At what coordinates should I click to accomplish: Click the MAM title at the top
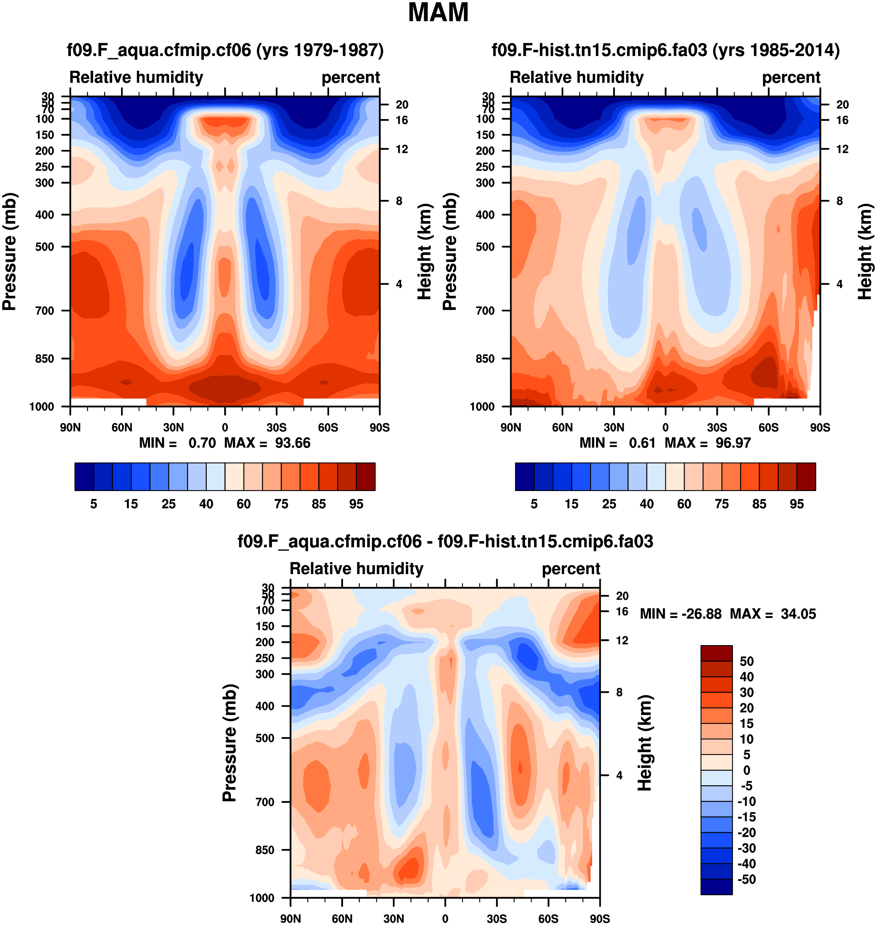(x=438, y=13)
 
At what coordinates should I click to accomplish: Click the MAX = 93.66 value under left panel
(x=267, y=443)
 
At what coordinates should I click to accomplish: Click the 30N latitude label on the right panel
(x=614, y=427)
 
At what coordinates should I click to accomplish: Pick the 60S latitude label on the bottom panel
(x=548, y=918)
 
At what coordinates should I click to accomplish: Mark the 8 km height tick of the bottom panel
(x=619, y=692)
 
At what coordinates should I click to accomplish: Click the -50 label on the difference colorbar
(x=746, y=879)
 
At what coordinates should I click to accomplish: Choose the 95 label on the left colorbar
(x=356, y=504)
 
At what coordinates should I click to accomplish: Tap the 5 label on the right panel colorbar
(x=534, y=504)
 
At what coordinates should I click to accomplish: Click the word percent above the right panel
(x=791, y=77)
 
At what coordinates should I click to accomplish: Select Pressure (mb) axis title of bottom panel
(x=230, y=743)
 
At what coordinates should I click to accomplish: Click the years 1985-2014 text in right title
(x=776, y=50)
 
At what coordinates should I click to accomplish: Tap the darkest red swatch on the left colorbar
(x=366, y=477)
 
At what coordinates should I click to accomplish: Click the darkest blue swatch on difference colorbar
(x=716, y=887)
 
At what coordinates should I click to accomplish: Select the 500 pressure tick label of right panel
(x=485, y=246)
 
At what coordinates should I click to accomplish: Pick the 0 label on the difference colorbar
(x=746, y=770)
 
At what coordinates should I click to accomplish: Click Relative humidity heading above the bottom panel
(x=356, y=568)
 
